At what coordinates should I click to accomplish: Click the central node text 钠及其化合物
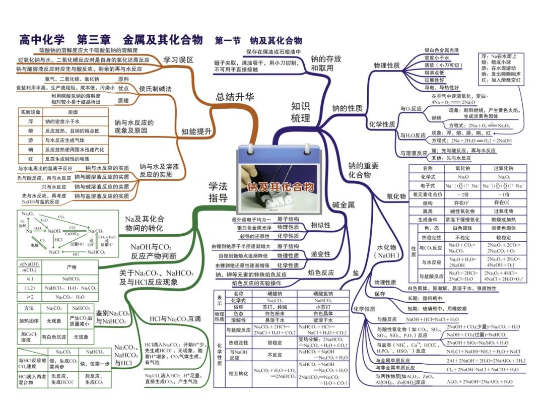coord(280,187)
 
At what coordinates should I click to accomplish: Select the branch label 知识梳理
coord(301,112)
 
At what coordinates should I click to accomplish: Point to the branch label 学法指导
coord(218,192)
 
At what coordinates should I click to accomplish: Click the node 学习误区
coord(178,60)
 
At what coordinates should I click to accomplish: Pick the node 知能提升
coord(196,132)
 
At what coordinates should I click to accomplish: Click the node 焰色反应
coord(321,273)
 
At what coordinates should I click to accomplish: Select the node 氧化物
coord(396,196)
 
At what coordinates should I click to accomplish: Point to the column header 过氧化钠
coord(503,168)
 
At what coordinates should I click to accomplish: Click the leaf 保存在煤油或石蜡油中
coord(273,52)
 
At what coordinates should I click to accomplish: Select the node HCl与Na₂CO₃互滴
coord(175,318)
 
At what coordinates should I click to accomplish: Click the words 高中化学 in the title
coord(43,40)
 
